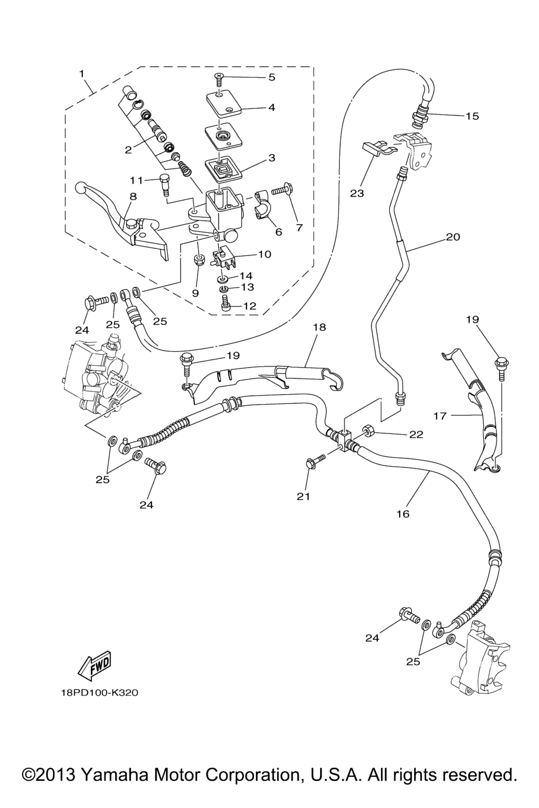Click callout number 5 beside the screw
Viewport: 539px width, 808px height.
click(272, 78)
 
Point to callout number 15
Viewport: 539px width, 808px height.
click(472, 116)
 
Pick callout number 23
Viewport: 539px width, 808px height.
click(357, 194)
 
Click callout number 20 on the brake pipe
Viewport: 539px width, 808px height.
click(453, 237)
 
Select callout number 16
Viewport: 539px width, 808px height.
click(403, 514)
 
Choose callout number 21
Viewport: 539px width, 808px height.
click(304, 496)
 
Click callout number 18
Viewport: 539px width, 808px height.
click(319, 327)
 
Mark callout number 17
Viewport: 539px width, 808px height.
click(440, 416)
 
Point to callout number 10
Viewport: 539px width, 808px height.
click(264, 255)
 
